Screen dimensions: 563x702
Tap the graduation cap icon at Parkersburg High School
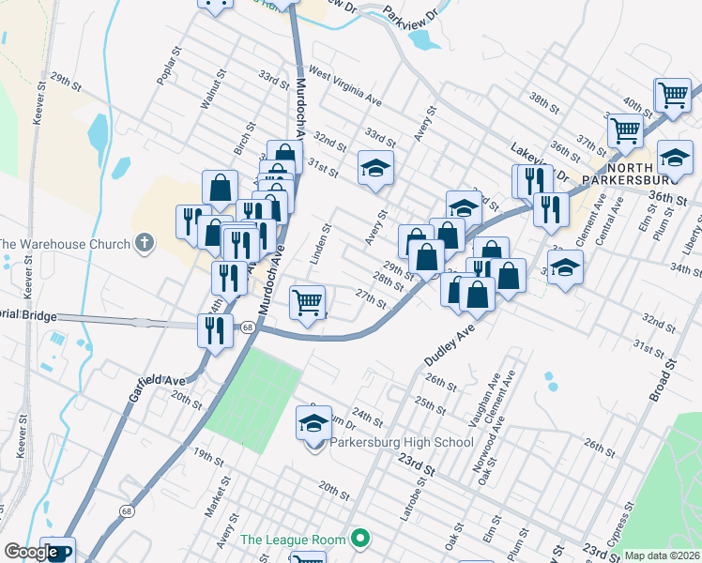(x=314, y=424)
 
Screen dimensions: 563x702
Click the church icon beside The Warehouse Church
(x=144, y=244)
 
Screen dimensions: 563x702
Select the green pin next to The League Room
(x=359, y=539)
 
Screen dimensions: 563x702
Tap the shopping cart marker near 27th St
(x=307, y=303)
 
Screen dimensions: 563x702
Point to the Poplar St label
(x=168, y=67)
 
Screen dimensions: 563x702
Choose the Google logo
(x=30, y=552)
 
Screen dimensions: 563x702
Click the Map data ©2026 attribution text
(x=663, y=555)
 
